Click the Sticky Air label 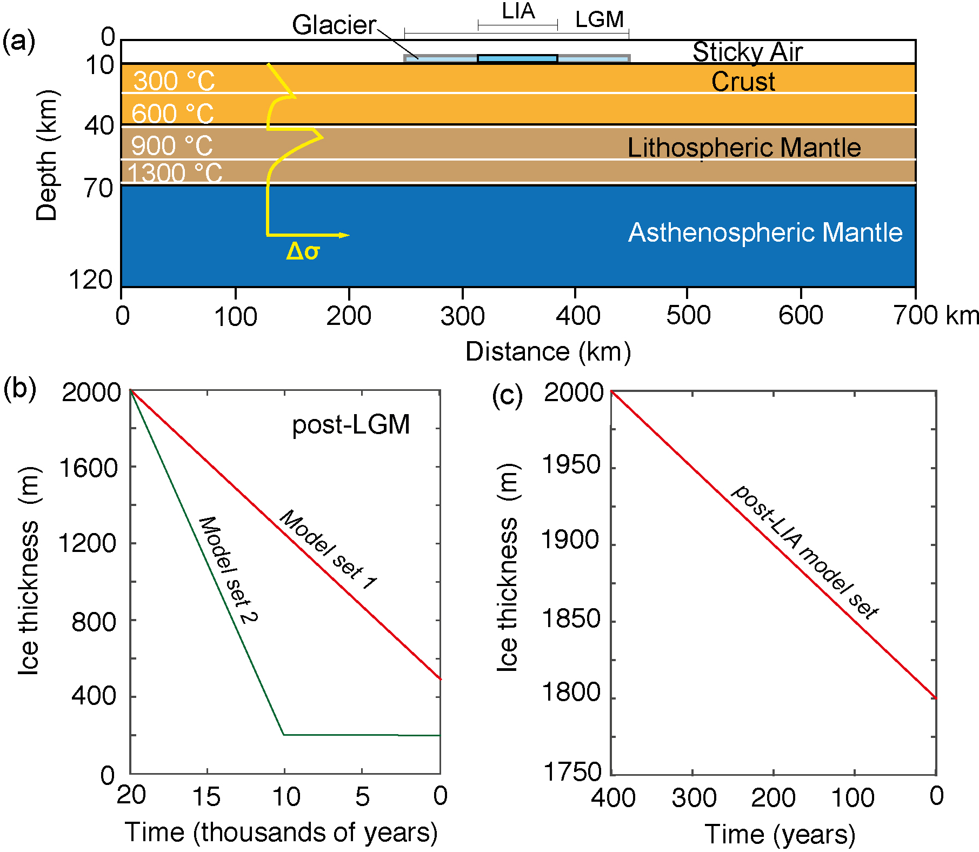747,52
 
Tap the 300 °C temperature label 174,81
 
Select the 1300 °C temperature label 175,173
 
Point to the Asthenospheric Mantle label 765,232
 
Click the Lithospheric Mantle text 744,148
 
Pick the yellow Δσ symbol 303,251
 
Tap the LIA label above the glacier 518,11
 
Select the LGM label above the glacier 599,20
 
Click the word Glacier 334,25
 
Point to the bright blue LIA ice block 517,58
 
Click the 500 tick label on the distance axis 688,316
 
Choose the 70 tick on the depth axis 98,188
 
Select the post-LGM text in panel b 351,424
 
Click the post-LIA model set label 805,551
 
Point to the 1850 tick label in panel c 571,618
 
